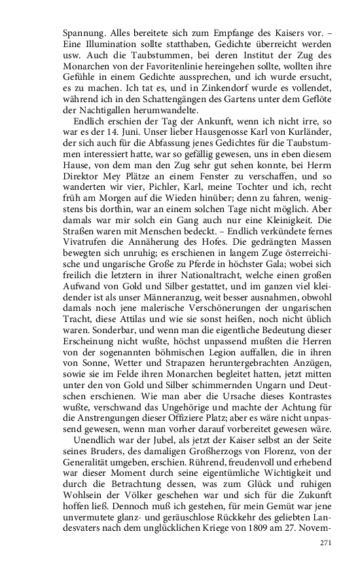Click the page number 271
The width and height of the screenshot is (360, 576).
[x=327, y=543]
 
